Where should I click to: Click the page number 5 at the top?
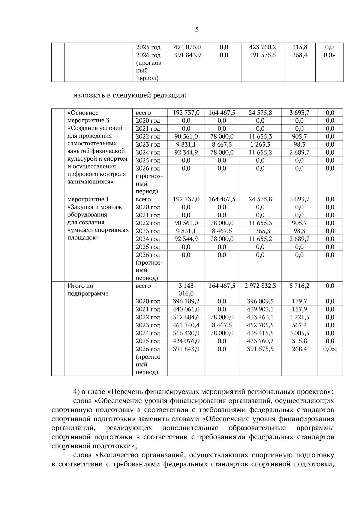(x=197, y=30)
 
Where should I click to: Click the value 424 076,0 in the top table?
(x=187, y=47)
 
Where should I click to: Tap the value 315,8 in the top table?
(x=299, y=47)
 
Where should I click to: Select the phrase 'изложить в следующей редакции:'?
(x=130, y=95)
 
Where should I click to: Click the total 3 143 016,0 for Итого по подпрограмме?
(x=186, y=290)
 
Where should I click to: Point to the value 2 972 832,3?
(x=260, y=286)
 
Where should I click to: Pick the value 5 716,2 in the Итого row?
(x=299, y=286)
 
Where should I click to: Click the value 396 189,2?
(x=186, y=301)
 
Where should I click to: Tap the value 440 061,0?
(x=186, y=309)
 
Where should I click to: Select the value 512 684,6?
(x=186, y=317)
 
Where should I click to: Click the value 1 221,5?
(x=299, y=317)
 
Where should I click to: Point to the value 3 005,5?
(x=299, y=333)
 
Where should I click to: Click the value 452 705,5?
(x=260, y=325)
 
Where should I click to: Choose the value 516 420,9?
(x=186, y=333)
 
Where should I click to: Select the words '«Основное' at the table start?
(x=83, y=113)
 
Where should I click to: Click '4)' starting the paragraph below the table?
(x=76, y=392)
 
